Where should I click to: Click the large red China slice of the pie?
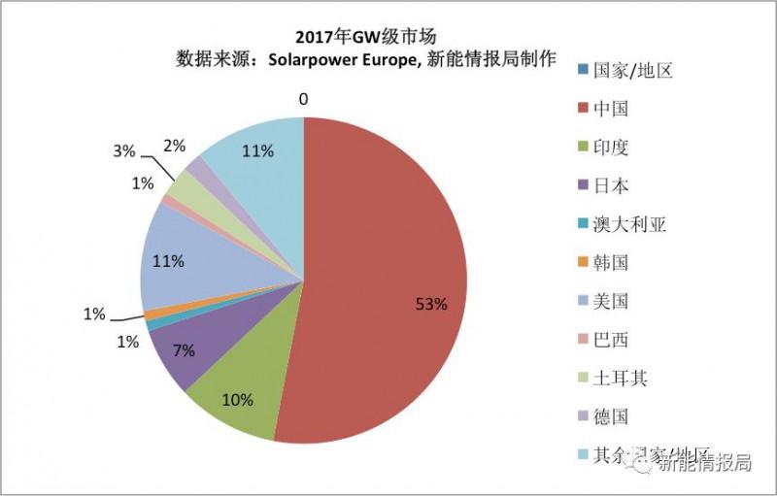tap(388, 281)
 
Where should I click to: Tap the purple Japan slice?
tap(185, 345)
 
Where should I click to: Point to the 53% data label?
tap(431, 304)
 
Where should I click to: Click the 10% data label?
tap(237, 400)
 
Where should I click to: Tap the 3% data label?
tap(123, 151)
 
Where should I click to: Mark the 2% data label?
tap(175, 146)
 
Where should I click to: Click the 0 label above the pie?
tap(304, 99)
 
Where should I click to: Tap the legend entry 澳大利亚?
tap(627, 224)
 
